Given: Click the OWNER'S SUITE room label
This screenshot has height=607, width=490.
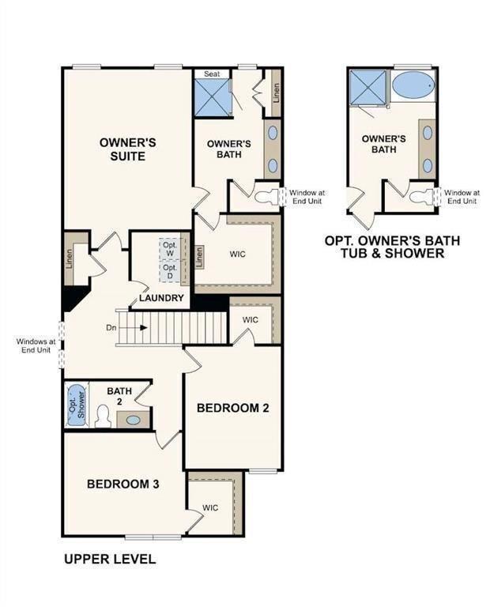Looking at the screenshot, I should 127,149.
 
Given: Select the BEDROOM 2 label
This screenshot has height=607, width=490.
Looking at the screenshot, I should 233,408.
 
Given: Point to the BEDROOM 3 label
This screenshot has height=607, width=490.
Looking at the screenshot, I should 123,484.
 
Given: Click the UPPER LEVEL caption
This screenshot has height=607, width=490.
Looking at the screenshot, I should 109,560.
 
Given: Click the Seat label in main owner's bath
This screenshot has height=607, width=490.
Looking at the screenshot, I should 212,74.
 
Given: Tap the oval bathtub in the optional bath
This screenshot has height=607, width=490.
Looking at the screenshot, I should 412,85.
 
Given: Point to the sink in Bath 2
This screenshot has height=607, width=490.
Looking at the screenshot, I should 134,420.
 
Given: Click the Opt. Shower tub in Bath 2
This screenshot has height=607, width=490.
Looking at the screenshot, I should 76,404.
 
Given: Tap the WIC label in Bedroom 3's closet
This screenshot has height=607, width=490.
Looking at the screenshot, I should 210,507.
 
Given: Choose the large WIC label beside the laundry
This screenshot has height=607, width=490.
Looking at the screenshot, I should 239,255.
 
